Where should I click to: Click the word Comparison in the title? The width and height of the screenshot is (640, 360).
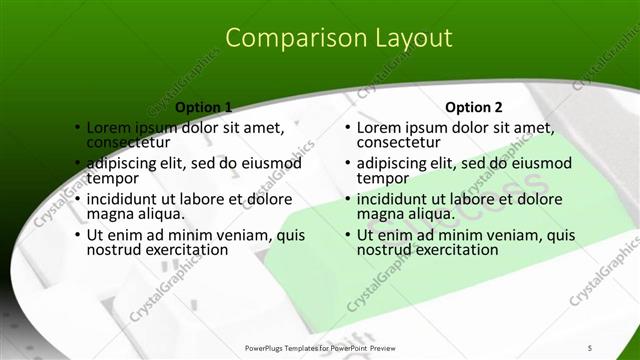284,39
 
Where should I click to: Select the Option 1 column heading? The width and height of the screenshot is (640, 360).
203,107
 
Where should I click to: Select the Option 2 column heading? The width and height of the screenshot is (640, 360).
473,107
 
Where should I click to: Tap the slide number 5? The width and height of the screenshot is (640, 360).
590,347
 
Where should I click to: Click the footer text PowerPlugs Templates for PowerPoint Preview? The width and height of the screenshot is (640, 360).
319,347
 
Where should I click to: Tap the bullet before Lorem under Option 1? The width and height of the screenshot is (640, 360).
77,128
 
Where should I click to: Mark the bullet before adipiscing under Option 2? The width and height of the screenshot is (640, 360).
347,164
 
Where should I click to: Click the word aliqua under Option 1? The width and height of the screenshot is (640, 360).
158,214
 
